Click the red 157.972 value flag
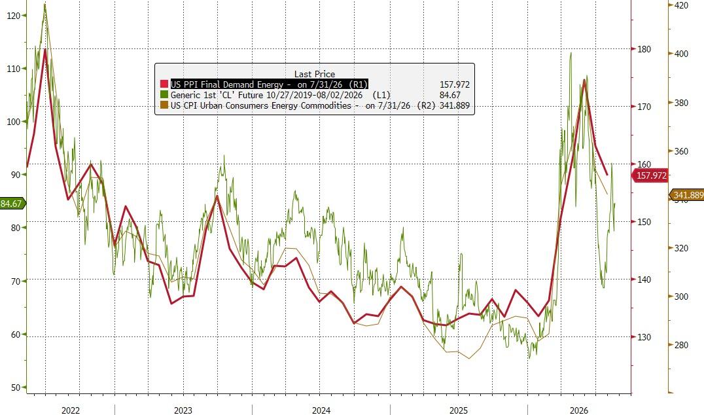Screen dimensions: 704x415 (x=650, y=175)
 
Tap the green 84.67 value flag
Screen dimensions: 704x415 (x=12, y=204)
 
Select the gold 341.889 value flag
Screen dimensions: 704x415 (x=687, y=195)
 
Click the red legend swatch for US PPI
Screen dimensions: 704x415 (x=164, y=84)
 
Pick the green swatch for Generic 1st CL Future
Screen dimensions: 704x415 (x=164, y=95)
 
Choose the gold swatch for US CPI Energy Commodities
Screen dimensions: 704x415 (x=164, y=105)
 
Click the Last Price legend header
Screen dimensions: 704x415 (x=314, y=74)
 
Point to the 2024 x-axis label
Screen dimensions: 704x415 (x=321, y=410)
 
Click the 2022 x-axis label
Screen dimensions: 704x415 (x=71, y=410)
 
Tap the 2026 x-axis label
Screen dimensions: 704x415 (x=579, y=410)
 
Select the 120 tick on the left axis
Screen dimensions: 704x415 (x=14, y=16)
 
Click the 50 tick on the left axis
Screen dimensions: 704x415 (x=16, y=388)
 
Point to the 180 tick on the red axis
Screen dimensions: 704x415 (x=644, y=49)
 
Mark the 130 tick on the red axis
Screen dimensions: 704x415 (x=644, y=337)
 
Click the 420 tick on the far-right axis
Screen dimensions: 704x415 (x=681, y=5)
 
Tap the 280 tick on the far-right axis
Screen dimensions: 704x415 (x=681, y=345)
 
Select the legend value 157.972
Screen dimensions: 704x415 (x=454, y=84)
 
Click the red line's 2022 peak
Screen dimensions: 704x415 (x=45, y=49)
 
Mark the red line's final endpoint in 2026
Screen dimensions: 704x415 (x=607, y=175)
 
